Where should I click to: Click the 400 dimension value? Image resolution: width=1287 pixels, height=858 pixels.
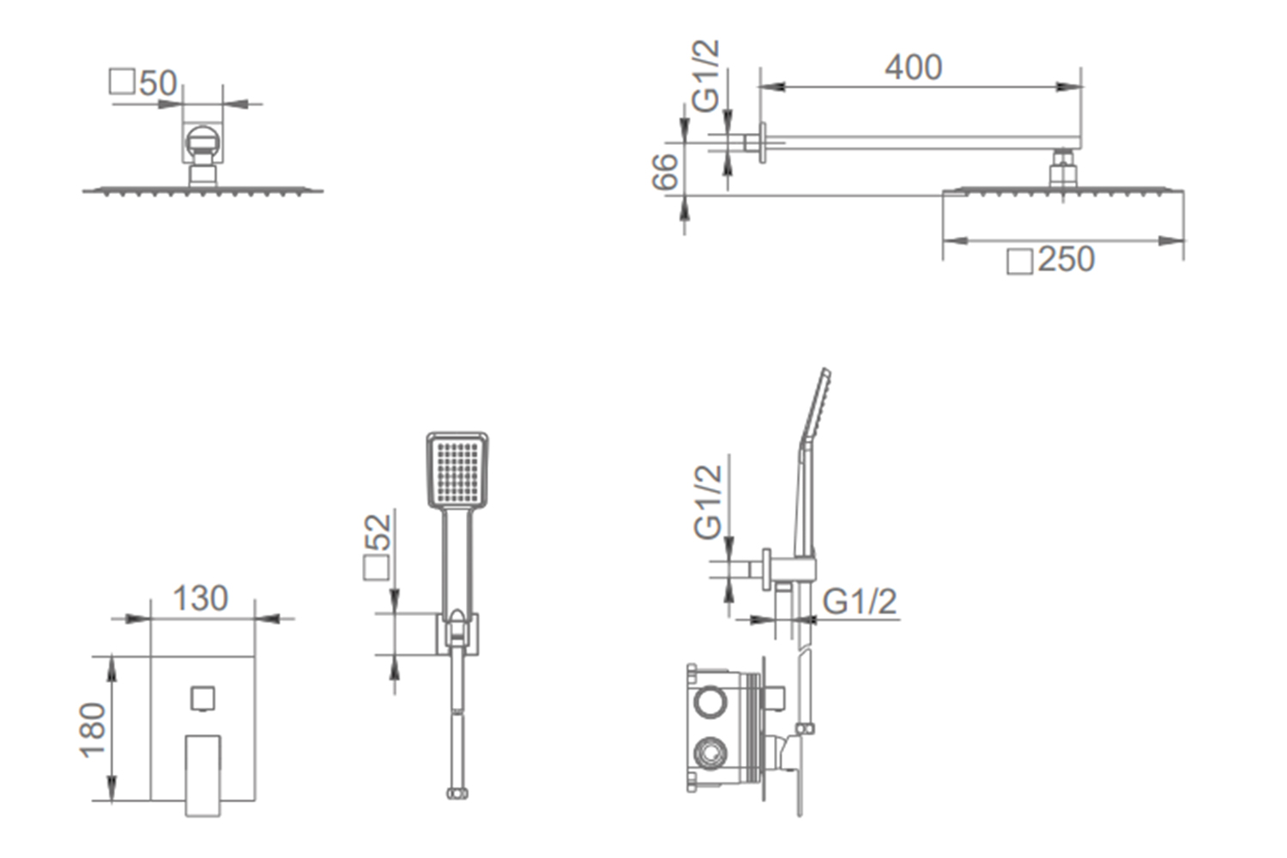coord(913,68)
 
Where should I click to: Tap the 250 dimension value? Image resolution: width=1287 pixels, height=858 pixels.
coord(1066,259)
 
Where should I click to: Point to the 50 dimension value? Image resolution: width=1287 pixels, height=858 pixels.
coord(158,83)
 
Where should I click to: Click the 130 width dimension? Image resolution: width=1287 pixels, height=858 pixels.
coord(201,598)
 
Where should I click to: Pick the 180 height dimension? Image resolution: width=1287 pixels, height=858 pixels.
coord(94,730)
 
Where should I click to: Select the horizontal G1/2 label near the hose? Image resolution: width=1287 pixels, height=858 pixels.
coord(859,601)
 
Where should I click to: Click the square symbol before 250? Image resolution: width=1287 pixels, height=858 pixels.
coord(1019,261)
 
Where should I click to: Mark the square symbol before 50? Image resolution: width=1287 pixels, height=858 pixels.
coord(122,82)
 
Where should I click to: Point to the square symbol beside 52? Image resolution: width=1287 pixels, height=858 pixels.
coord(377,568)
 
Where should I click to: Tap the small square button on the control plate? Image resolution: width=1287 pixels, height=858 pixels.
coord(202,699)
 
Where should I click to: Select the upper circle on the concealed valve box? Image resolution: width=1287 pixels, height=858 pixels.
coord(710,703)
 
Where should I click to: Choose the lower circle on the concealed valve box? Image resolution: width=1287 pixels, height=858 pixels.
coord(710,755)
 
